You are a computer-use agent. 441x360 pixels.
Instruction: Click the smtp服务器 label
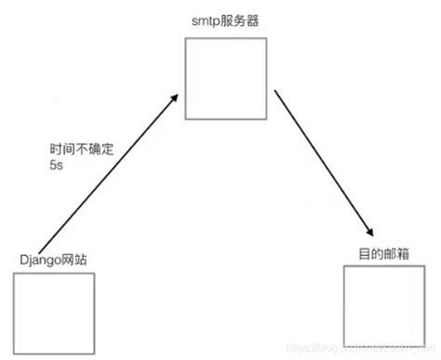pyautogui.click(x=227, y=20)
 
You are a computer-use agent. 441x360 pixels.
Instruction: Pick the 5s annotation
pyautogui.click(x=57, y=166)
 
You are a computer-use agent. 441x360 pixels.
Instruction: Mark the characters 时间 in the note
pyautogui.click(x=61, y=149)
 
